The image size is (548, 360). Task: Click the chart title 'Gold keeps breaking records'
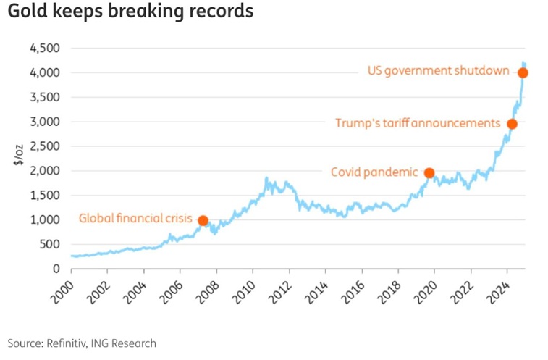130,12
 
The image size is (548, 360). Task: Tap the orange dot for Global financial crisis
203,220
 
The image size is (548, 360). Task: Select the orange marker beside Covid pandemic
429,173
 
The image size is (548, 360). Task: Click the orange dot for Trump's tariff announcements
512,124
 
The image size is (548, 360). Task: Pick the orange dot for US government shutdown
523,72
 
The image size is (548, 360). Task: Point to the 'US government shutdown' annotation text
438,72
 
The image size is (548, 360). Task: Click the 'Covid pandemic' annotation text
374,172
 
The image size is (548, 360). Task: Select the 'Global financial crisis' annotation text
135,218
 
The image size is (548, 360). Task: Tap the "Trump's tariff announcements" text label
418,123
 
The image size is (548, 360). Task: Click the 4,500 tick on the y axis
45,49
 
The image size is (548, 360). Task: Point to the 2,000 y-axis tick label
45,171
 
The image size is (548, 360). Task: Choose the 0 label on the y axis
55,269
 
